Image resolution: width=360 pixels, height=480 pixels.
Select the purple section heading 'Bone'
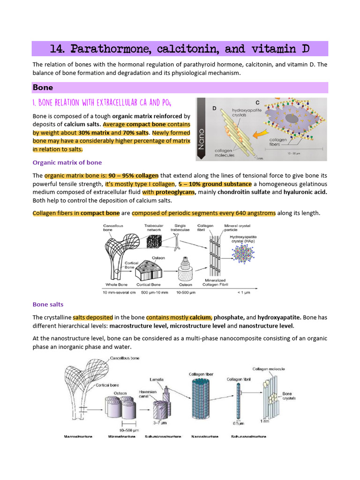click(43, 88)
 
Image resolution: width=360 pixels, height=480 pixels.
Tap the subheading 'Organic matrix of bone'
click(67, 163)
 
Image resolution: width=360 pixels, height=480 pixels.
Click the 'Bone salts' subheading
click(48, 304)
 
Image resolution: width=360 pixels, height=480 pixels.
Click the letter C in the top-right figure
click(257, 102)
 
